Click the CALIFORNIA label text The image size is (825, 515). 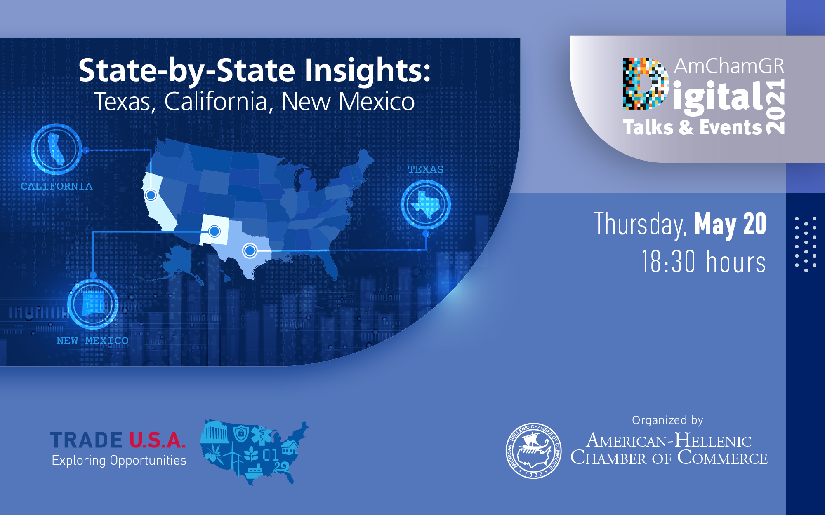click(x=57, y=186)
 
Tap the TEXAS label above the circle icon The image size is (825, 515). click(x=426, y=169)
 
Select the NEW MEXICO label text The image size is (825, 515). click(x=92, y=341)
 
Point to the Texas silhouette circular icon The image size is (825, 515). click(x=426, y=204)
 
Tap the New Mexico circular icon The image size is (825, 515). click(x=93, y=304)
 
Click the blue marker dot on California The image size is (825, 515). click(x=151, y=195)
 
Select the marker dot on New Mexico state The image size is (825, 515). click(x=214, y=232)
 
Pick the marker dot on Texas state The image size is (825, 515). click(x=250, y=250)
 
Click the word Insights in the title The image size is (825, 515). click(x=368, y=70)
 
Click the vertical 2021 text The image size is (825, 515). click(x=775, y=107)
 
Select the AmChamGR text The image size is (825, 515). click(x=729, y=66)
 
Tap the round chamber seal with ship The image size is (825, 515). click(x=533, y=451)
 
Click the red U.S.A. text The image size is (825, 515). click(x=158, y=440)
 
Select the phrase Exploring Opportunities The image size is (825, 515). click(x=119, y=460)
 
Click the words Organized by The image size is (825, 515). click(x=667, y=420)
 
